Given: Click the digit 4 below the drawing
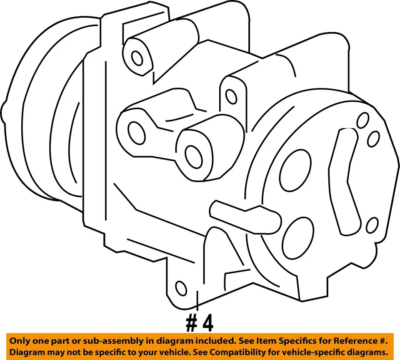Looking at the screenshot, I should click(x=207, y=322).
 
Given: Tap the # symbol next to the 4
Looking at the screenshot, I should click(x=191, y=322).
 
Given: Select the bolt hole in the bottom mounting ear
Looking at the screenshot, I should click(x=181, y=287).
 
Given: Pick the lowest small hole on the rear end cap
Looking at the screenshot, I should click(x=372, y=226).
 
